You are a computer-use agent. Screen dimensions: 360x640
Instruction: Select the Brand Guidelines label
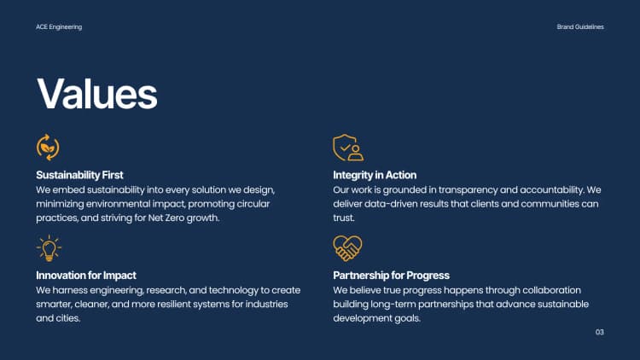pos(580,27)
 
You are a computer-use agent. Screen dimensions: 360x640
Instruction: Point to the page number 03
pos(599,332)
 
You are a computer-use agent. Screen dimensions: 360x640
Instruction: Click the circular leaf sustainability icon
pos(48,147)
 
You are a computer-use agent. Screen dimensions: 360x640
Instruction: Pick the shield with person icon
pos(347,148)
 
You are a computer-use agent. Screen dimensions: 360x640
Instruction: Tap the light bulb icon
pos(49,247)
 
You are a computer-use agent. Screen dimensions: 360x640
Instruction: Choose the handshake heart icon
pos(347,247)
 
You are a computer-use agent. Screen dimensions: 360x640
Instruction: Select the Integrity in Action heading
pos(375,175)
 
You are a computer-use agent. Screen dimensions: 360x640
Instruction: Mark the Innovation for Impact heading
pos(86,276)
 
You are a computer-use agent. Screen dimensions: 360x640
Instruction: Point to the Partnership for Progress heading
pos(391,276)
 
